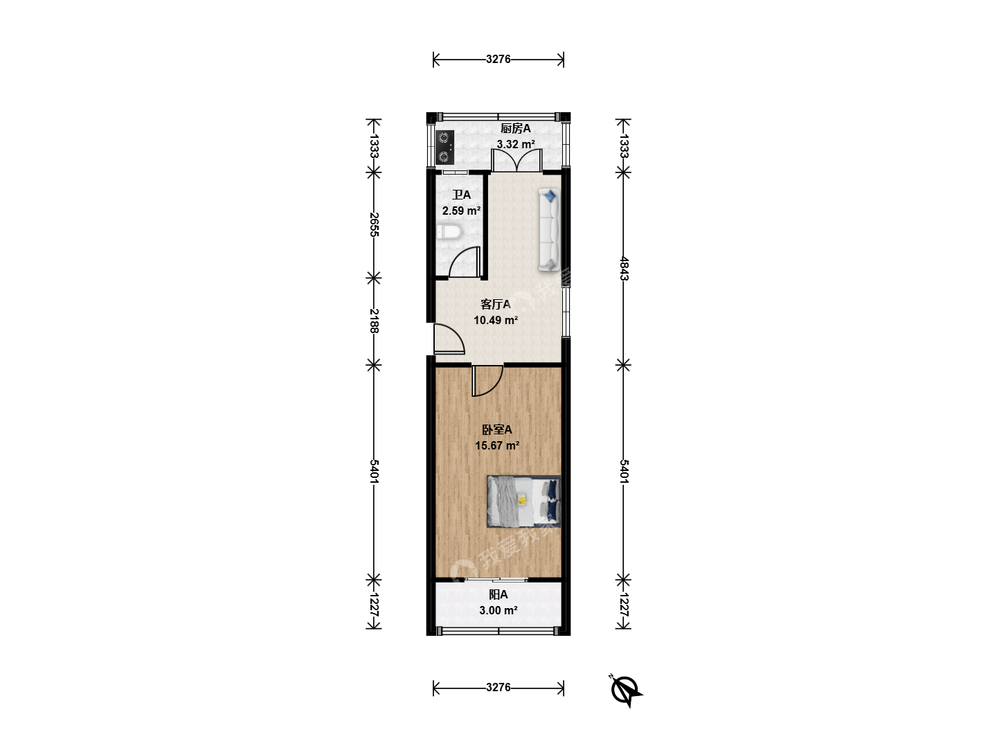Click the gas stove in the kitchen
coord(444,147)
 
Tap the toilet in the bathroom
coord(449,232)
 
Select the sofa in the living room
coord(549,230)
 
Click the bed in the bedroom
coord(523,501)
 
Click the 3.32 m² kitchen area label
coord(516,145)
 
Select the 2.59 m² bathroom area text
coord(462,211)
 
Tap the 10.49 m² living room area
coord(496,320)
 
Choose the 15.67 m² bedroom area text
coord(497,445)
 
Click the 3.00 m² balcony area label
coord(498,610)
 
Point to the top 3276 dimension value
coord(498,59)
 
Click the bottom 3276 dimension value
coord(498,687)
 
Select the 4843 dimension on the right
coord(624,269)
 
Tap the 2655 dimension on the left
coord(374,224)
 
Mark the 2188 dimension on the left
coord(374,321)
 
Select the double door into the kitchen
coord(517,160)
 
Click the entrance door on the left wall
coord(449,339)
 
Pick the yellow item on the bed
coord(522,500)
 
